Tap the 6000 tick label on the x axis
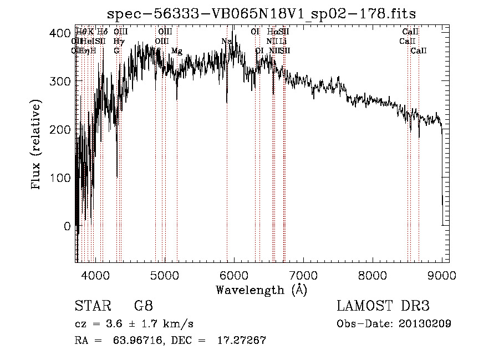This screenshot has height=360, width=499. pyautogui.click(x=233, y=276)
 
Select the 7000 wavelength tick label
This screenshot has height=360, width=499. pyautogui.click(x=303, y=276)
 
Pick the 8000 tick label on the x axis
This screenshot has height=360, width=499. pyautogui.click(x=372, y=276)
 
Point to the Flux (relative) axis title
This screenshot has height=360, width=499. pyautogui.click(x=37, y=145)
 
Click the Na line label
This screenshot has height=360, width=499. pyautogui.click(x=226, y=42)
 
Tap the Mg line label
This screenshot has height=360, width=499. pyautogui.click(x=176, y=51)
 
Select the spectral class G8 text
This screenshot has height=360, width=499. pyautogui.click(x=143, y=306)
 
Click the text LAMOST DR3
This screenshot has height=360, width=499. pyautogui.click(x=383, y=306)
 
